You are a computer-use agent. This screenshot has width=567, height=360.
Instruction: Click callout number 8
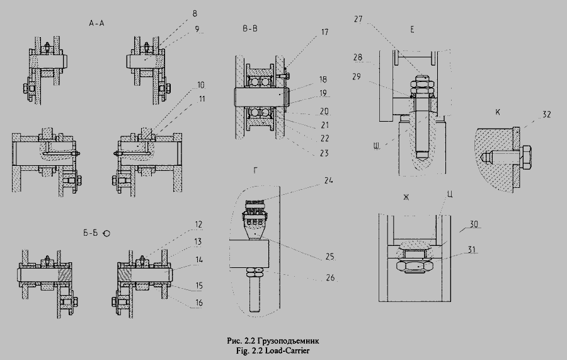pyautogui.click(x=195, y=14)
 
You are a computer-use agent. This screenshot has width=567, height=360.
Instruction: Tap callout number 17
pyautogui.click(x=324, y=32)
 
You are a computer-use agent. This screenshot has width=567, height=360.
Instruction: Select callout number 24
pyautogui.click(x=328, y=180)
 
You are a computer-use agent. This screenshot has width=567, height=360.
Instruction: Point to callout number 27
pyautogui.click(x=358, y=19)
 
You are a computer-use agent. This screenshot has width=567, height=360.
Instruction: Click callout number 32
pyautogui.click(x=546, y=114)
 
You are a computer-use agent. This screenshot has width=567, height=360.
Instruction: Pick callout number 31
pyautogui.click(x=472, y=250)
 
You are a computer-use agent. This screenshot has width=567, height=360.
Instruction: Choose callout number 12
pyautogui.click(x=198, y=224)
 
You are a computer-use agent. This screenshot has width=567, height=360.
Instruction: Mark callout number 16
pyautogui.click(x=199, y=303)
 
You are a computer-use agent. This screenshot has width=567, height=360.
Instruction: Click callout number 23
pyautogui.click(x=324, y=153)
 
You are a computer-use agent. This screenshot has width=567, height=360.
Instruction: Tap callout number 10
pyautogui.click(x=200, y=85)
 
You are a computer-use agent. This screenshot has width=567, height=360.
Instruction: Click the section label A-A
pyautogui.click(x=96, y=23)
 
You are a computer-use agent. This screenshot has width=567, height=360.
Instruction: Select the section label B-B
pyautogui.click(x=250, y=28)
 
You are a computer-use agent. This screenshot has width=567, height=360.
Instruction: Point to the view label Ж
pyautogui.click(x=406, y=197)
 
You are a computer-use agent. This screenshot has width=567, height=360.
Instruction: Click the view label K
pyautogui.click(x=498, y=112)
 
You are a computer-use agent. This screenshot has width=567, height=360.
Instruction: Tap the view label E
pyautogui.click(x=412, y=30)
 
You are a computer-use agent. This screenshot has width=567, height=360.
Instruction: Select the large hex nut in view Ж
pyautogui.click(x=415, y=266)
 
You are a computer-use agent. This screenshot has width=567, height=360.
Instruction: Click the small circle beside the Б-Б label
pyautogui.click(x=106, y=233)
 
